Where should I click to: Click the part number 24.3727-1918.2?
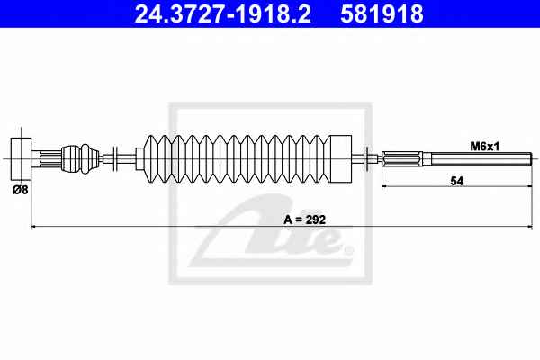click(223, 13)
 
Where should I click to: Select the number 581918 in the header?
click(382, 13)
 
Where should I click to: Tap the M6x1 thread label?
click(485, 147)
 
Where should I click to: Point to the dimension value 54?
click(457, 181)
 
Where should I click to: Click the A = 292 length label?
click(304, 220)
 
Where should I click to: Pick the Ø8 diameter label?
click(21, 189)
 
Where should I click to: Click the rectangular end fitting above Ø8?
click(21, 158)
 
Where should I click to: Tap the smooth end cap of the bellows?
click(340, 158)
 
